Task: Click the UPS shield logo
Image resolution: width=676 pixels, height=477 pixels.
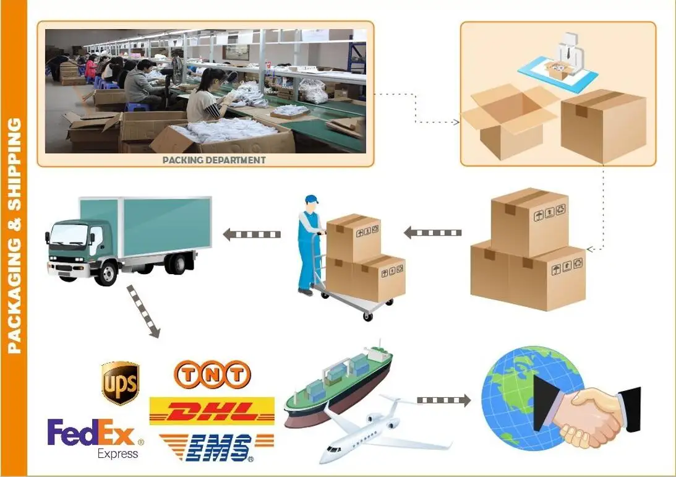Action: click(120, 384)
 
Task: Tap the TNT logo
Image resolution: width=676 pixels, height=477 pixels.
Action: click(212, 374)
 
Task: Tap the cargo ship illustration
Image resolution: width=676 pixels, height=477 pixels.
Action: click(338, 384)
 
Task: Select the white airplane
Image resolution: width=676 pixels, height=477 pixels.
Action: click(383, 430)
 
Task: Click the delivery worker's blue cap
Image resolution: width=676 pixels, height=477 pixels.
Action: click(311, 200)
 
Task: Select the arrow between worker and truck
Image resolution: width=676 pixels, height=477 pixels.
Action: click(252, 234)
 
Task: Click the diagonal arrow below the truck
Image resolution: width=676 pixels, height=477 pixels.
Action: click(143, 312)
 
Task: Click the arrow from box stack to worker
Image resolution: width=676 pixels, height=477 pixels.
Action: click(433, 233)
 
